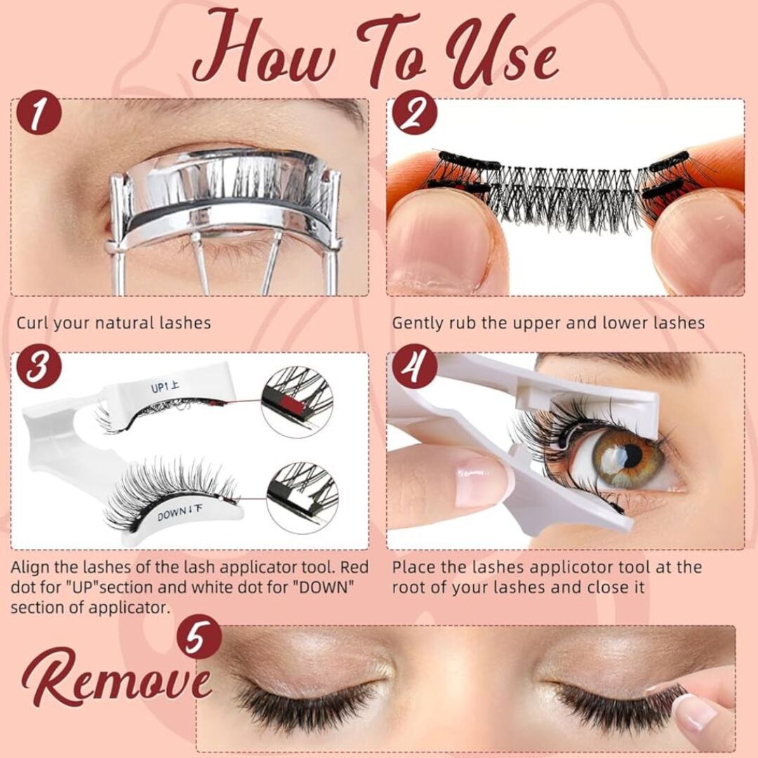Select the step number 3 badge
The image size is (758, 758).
tap(39, 366)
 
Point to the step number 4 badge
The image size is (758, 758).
tap(415, 366)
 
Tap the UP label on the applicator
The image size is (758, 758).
tap(165, 387)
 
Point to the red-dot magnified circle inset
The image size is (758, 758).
tap(297, 402)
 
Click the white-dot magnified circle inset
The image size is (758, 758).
tap(302, 498)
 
